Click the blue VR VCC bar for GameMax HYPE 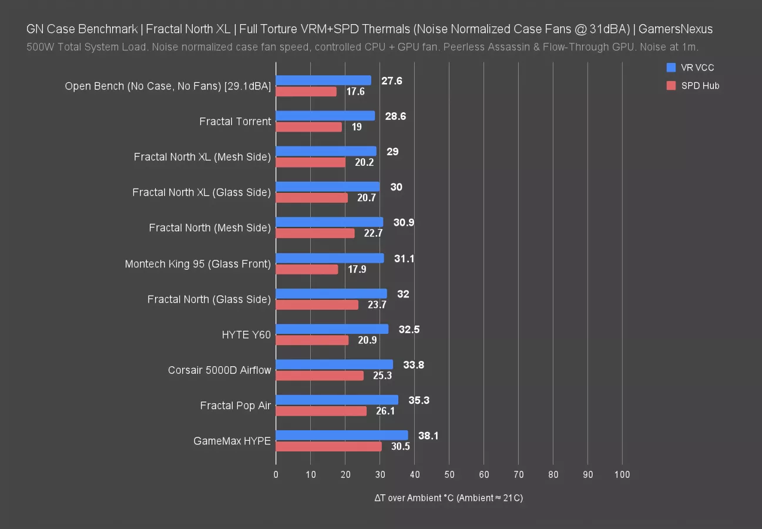[x=341, y=436]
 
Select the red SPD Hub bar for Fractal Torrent [x=308, y=127]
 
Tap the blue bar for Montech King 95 [x=330, y=258]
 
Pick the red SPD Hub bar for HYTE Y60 [x=312, y=340]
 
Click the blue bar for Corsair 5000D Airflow [x=334, y=364]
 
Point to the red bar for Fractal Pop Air [x=321, y=411]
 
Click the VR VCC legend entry [x=697, y=68]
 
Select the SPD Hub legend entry [x=700, y=86]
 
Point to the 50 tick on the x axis [x=449, y=474]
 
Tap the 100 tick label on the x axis [x=622, y=474]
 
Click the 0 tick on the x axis [x=276, y=474]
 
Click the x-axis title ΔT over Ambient [x=448, y=498]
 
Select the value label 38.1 [x=428, y=436]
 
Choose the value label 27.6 [x=392, y=81]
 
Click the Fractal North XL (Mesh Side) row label [x=202, y=157]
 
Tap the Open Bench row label [x=168, y=86]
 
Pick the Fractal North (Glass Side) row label [x=209, y=299]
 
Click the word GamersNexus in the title [x=676, y=29]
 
